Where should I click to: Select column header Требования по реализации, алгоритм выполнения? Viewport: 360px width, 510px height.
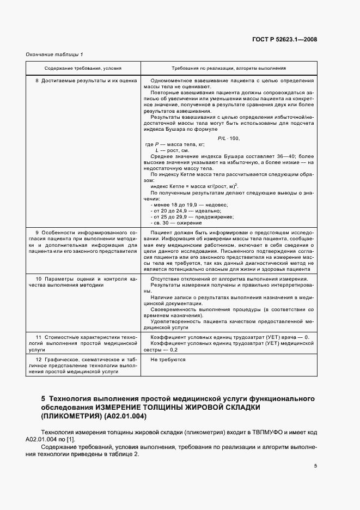(x=229, y=69)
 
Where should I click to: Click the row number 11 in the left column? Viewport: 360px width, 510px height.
(x=38, y=337)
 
